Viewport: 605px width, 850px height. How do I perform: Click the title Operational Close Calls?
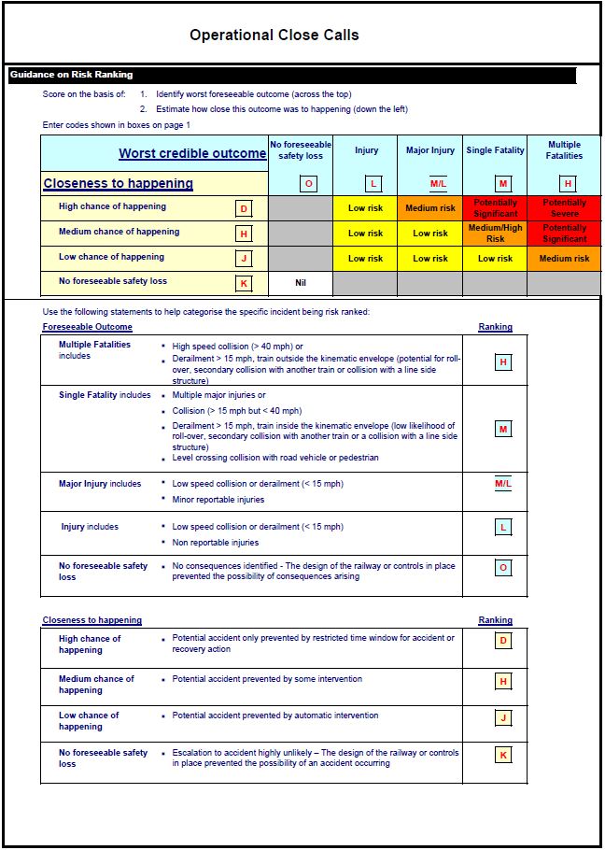[x=274, y=35]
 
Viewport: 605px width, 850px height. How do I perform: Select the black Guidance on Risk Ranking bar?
[x=291, y=75]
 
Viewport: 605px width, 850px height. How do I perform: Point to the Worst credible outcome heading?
[x=192, y=154]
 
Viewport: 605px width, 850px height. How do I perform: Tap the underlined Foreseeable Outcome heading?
[x=87, y=327]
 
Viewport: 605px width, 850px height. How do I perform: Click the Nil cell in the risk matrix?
[x=301, y=281]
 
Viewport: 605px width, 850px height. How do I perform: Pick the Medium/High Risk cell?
[x=495, y=233]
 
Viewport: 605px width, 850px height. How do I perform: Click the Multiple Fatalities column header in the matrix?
[x=564, y=150]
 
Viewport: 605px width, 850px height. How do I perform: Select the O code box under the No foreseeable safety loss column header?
[x=309, y=184]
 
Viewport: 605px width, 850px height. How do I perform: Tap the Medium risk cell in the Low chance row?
[x=564, y=258]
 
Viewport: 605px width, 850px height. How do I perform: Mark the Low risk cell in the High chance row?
[x=365, y=207]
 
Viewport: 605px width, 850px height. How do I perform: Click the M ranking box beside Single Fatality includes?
[x=503, y=429]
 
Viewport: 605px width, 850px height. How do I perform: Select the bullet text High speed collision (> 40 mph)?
[x=237, y=347]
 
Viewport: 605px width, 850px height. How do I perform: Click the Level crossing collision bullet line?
[x=275, y=458]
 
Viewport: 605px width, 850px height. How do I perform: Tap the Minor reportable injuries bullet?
[x=218, y=500]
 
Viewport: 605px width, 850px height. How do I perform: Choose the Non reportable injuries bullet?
[x=216, y=543]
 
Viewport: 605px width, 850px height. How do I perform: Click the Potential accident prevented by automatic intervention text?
[x=275, y=715]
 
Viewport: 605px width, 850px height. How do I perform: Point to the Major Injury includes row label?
[x=100, y=484]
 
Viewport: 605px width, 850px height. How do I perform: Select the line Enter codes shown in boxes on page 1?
[x=116, y=125]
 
